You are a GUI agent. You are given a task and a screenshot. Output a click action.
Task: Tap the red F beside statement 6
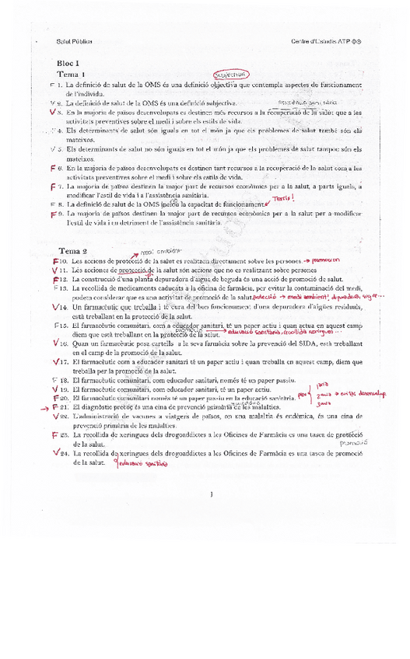click(x=52, y=168)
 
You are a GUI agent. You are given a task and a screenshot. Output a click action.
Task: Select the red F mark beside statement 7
click(x=52, y=187)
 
